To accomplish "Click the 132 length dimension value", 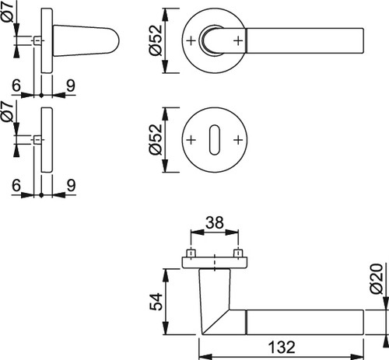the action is click(282, 348).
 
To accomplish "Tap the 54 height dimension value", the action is click(156, 302).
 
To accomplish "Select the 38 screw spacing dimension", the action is click(214, 222).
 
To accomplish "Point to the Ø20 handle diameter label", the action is click(377, 279).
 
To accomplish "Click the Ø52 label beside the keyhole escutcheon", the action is click(156, 140).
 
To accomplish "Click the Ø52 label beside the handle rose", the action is click(156, 40).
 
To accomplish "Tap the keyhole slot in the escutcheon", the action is click(215, 140).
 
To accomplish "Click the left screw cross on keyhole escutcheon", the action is click(191, 140).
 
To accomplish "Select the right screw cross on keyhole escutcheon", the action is click(238, 140).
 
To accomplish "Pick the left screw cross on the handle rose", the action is click(191, 40).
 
